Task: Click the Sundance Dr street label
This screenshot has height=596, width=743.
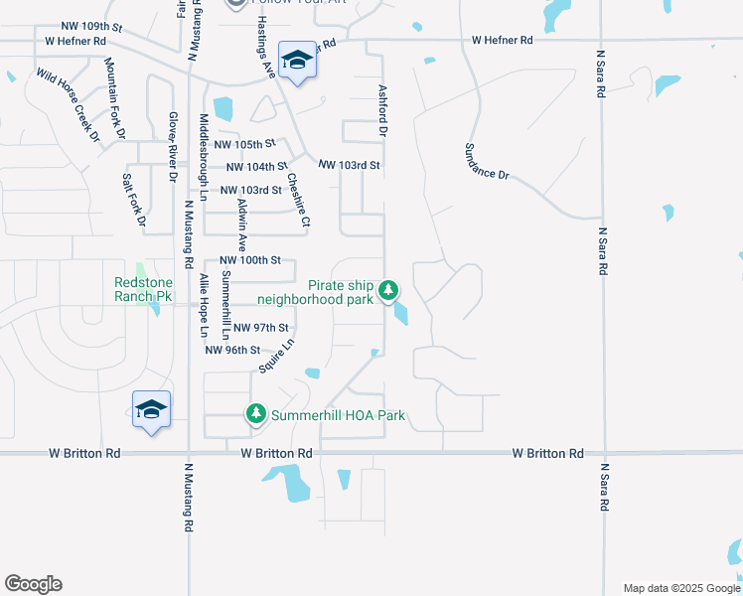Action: [486, 161]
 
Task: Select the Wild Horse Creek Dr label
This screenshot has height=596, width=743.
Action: [69, 103]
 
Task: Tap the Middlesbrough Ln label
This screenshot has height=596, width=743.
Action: [204, 150]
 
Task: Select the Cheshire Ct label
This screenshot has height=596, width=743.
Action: [299, 200]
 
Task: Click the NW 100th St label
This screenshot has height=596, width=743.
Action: [250, 260]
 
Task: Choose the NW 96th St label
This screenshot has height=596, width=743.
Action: [232, 350]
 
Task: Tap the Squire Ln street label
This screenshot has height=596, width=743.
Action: [277, 356]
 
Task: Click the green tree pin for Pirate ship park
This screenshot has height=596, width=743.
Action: [389, 291]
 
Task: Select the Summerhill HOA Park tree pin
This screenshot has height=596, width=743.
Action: [255, 413]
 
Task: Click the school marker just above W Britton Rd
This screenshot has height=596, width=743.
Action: [151, 409]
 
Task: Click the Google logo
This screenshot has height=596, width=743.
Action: [33, 584]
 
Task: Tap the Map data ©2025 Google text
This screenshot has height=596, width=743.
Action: [681, 588]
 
